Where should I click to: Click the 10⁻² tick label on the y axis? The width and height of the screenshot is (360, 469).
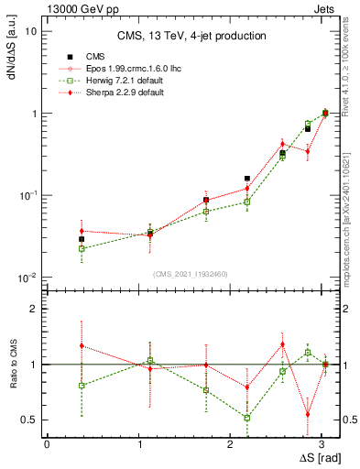[x=27, y=278]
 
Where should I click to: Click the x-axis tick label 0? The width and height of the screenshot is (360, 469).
[x=47, y=442]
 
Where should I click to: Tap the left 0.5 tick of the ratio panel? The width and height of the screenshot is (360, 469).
[x=29, y=420]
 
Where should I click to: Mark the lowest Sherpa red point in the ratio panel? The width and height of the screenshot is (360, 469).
[x=308, y=414]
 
